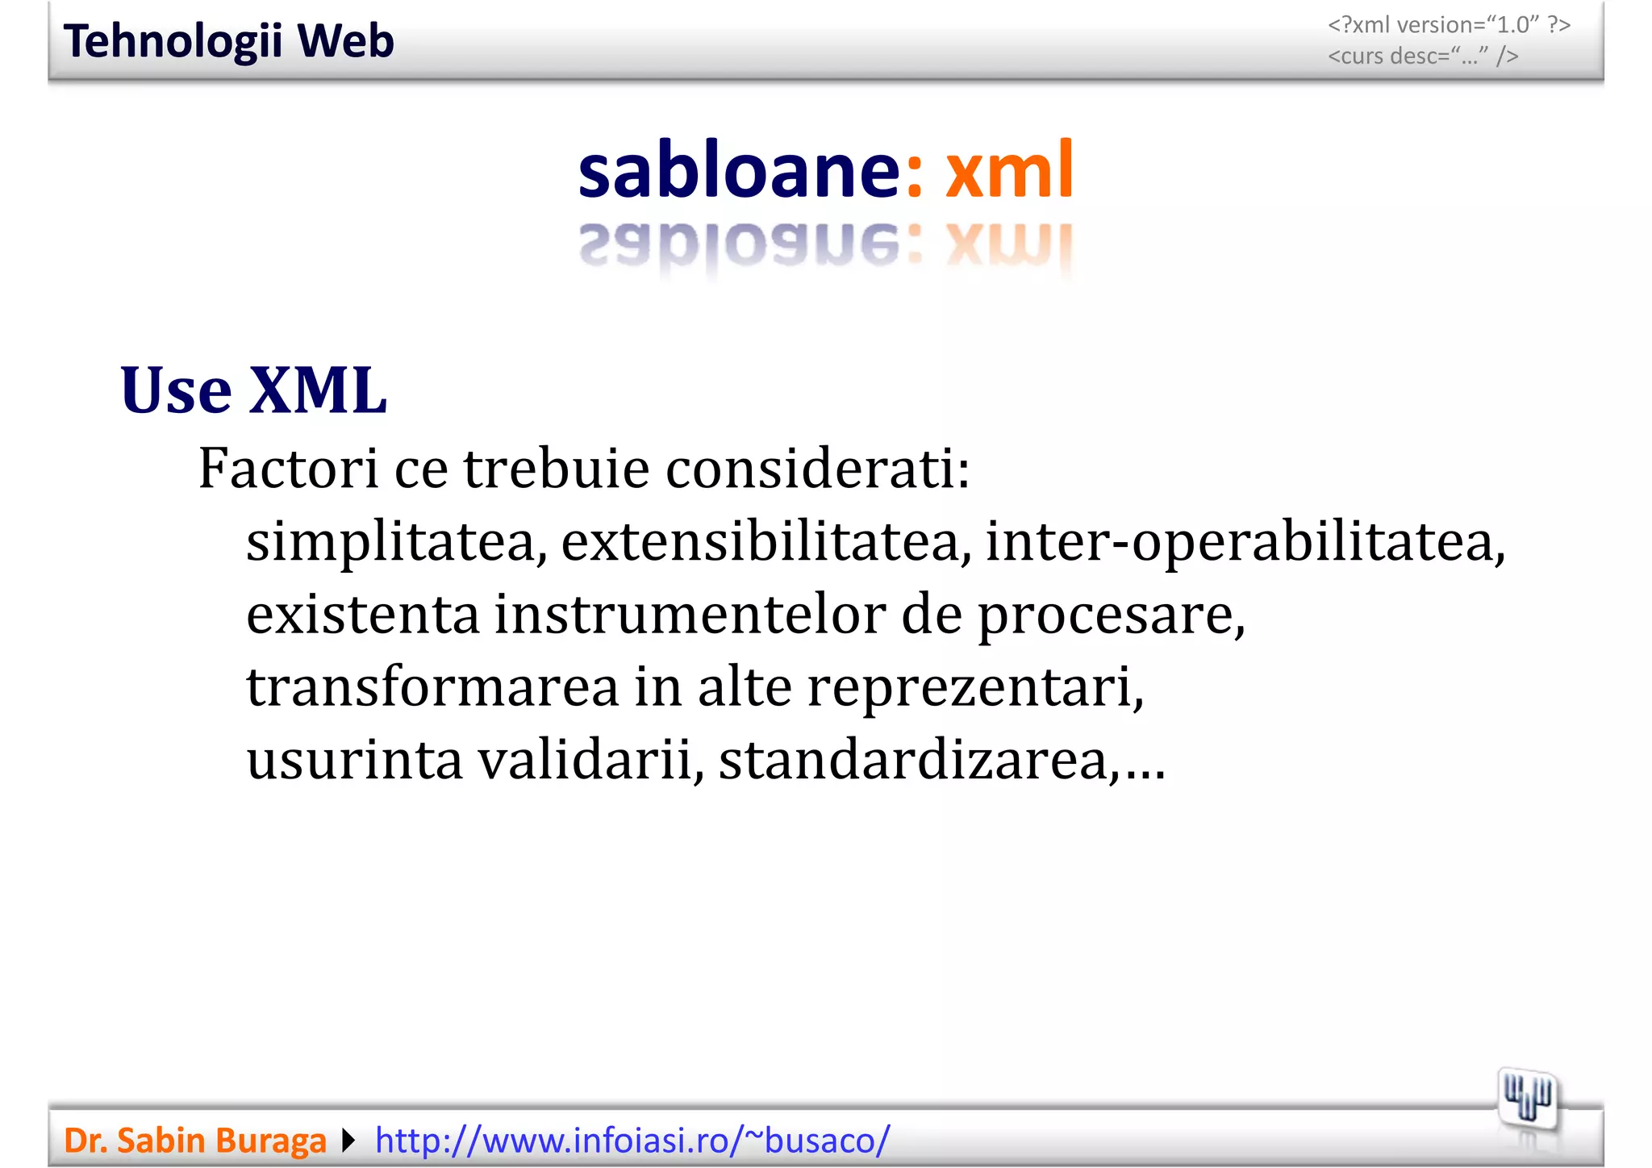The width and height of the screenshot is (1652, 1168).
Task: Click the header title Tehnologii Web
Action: click(x=228, y=41)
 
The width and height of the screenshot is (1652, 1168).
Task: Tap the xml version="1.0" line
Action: click(x=1449, y=25)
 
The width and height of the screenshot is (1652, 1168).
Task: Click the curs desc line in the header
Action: click(x=1423, y=56)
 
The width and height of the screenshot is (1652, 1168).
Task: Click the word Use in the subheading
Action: click(x=176, y=390)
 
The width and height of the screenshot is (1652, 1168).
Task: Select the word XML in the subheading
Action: click(x=318, y=390)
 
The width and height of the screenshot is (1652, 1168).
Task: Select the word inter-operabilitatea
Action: click(x=1245, y=541)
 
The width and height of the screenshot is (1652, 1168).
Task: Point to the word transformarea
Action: click(x=432, y=687)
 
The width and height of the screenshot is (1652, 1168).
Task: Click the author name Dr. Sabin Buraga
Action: click(x=194, y=1141)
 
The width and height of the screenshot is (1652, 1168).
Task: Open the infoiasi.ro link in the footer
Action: click(x=632, y=1141)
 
